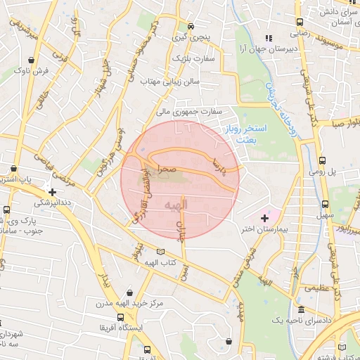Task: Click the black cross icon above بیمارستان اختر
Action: coord(264,219)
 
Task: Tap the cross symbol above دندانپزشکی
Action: coord(53,191)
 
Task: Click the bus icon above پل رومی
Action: coord(322,161)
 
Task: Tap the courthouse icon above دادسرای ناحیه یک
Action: coord(301,310)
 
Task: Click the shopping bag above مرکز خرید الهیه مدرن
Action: coord(129,291)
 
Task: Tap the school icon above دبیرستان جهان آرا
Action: coord(266,38)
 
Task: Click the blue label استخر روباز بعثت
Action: coord(246,134)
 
